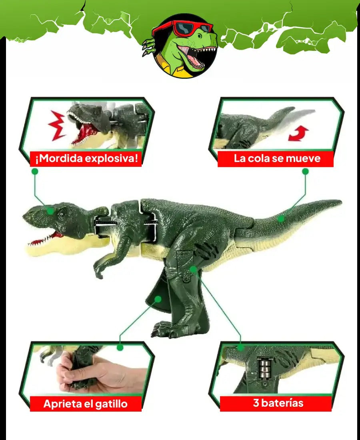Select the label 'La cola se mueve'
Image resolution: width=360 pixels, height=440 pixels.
point(277,158)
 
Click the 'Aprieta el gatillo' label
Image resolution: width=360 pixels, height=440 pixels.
point(86,404)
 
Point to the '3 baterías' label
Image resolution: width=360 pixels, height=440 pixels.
point(278,403)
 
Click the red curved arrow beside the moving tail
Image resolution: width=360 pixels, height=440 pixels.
point(298,133)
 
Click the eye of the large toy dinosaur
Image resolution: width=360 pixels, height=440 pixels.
point(61,215)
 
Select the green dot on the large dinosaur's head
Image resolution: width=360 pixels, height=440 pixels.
point(50,211)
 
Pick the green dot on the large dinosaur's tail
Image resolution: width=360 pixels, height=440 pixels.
point(281,218)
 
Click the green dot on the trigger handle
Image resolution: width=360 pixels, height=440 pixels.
point(158,299)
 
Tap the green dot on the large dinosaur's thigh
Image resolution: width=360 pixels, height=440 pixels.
point(193,269)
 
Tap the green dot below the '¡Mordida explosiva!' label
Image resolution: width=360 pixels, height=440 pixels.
point(35,171)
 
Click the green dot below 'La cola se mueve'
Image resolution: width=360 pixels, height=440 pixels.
point(306,171)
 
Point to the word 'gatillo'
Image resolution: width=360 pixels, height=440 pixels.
point(111,404)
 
